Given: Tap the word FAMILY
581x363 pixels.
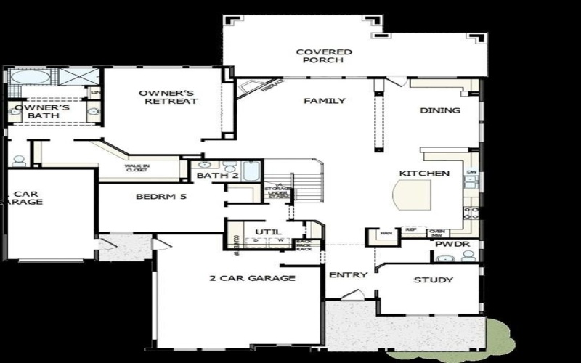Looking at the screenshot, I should (x=324, y=101).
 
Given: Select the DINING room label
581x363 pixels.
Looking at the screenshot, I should (x=440, y=111).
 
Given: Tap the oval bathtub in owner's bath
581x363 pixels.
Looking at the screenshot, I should (x=29, y=77).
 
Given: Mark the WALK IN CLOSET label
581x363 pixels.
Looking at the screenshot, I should (x=136, y=168).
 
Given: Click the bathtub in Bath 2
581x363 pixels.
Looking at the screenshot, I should (x=251, y=171).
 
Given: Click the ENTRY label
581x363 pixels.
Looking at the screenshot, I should (x=348, y=275).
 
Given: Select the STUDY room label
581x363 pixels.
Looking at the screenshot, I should (x=433, y=280).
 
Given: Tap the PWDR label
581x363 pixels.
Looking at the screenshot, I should (x=447, y=245).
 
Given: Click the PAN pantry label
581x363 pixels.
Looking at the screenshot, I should (x=386, y=234).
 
